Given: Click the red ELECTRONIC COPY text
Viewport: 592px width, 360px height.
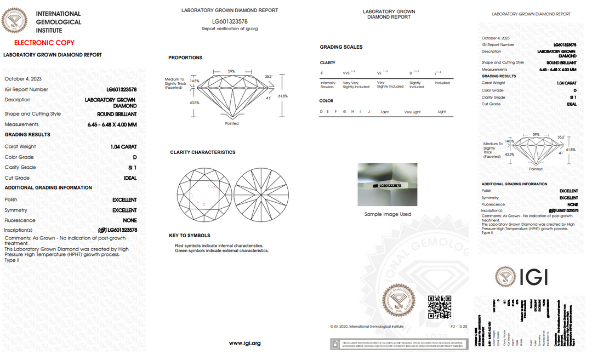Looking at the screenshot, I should [44, 43].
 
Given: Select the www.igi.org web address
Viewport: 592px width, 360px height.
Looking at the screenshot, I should [244, 344].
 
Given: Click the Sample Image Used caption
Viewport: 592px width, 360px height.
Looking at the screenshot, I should [388, 214].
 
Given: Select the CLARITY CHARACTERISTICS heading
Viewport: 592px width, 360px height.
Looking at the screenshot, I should [202, 152].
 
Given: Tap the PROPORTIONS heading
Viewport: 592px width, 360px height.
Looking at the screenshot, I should [185, 58].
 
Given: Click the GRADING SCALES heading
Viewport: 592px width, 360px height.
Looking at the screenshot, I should [341, 47].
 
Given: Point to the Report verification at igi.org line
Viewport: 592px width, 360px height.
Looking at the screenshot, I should [230, 28].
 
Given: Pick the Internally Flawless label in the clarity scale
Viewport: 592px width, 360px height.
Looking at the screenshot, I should [328, 85].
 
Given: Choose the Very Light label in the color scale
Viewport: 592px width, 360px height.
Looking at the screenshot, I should [412, 112].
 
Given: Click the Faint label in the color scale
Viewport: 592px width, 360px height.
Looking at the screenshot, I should [384, 112].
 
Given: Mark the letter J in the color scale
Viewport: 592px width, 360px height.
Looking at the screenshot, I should [369, 112].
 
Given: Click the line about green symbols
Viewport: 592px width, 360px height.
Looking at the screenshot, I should [221, 250].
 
